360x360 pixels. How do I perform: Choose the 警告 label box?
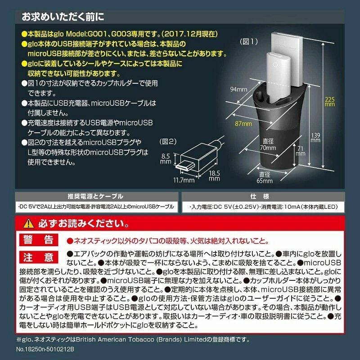[x=39, y=239]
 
